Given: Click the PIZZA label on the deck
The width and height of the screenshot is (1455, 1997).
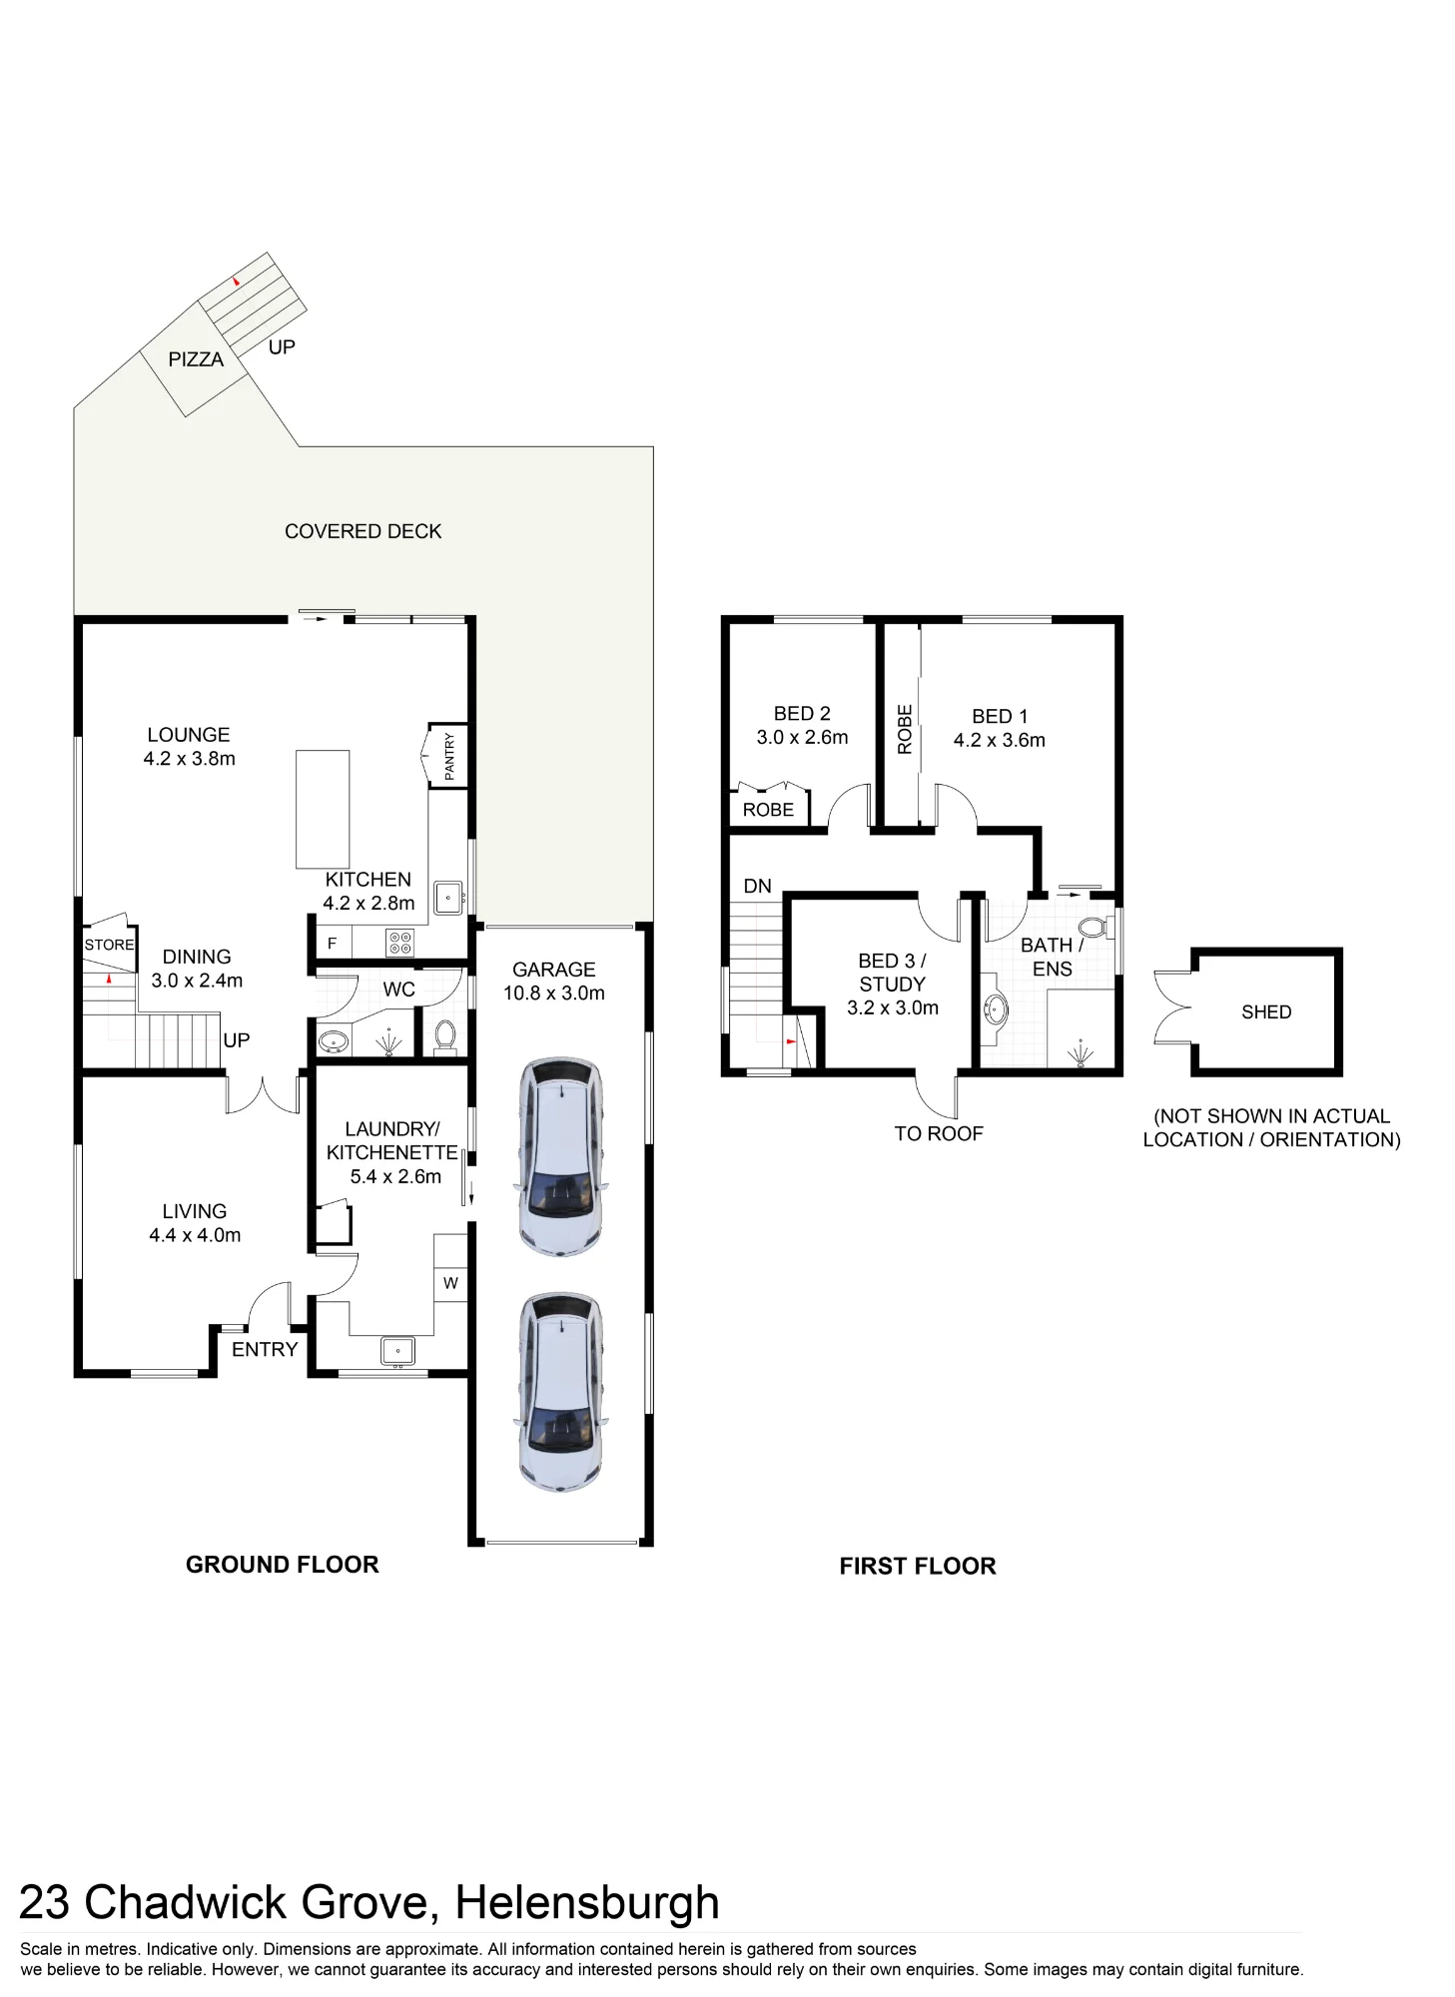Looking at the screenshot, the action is tap(196, 359).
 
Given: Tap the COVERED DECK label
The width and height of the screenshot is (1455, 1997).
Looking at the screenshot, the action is tap(363, 531).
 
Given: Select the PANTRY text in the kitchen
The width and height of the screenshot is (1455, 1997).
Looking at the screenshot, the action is tap(449, 756).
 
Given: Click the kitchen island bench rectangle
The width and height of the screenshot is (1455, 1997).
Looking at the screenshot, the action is tap(323, 809).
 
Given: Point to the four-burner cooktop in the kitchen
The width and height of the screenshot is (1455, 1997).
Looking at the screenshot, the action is tap(400, 943).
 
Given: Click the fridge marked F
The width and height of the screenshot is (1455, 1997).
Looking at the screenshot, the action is tap(333, 943).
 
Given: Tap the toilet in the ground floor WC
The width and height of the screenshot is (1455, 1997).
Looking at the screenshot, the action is tap(445, 1035).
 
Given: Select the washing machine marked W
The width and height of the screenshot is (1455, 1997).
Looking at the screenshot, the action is tap(450, 1283).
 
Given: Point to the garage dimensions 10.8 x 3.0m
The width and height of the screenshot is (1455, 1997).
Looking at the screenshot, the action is tap(554, 994).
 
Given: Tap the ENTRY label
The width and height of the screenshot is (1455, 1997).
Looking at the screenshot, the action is tap(265, 1350).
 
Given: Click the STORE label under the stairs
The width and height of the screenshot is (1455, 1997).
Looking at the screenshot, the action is tap(109, 945).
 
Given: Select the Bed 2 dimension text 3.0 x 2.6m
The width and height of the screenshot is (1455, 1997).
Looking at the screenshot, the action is tap(802, 738).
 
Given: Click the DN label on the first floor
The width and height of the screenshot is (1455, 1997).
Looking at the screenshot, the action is tap(758, 886).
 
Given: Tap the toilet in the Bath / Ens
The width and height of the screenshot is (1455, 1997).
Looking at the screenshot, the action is tap(1093, 929).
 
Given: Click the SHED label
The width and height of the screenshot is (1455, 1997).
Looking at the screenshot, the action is tap(1266, 1012).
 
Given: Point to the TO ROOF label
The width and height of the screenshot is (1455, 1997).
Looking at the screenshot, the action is tap(939, 1133).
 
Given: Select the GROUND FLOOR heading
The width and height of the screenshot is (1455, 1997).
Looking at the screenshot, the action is tap(283, 1565).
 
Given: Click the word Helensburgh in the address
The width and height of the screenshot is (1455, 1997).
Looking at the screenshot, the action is tap(587, 1902).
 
